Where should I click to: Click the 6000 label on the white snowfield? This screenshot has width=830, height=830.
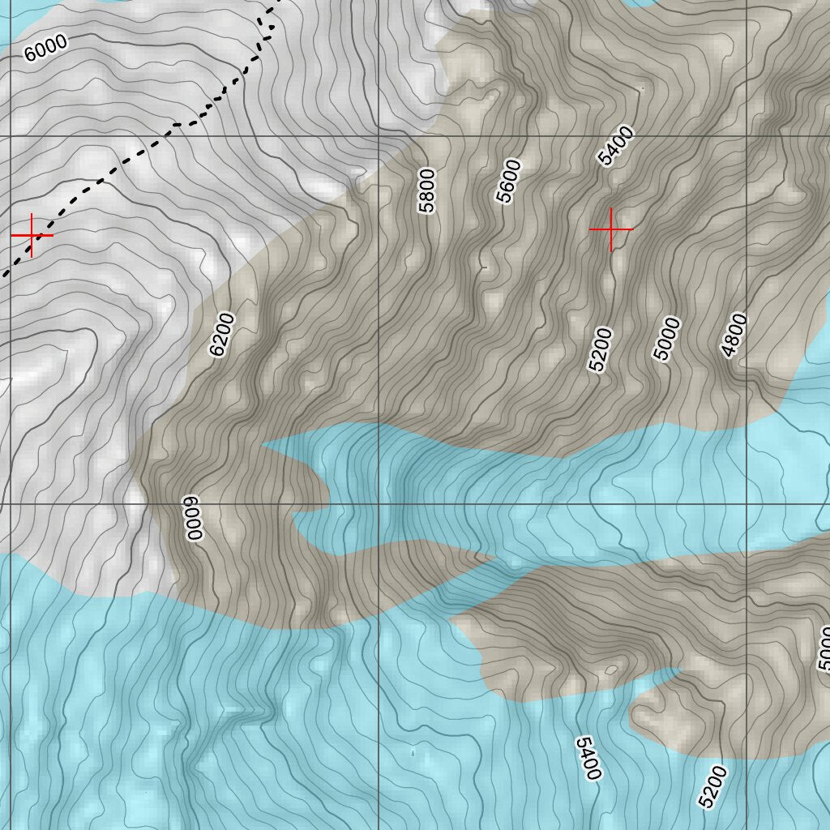pos(45,49)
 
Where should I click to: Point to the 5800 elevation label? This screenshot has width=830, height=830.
pos(426,190)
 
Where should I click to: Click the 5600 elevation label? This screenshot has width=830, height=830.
pos(508,181)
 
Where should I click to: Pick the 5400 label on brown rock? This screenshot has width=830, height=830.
pos(616,146)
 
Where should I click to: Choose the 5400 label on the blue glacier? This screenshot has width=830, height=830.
pos(588,758)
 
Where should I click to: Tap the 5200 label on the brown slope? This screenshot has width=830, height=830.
pos(601,349)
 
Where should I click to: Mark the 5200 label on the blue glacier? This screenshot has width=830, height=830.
pos(712,785)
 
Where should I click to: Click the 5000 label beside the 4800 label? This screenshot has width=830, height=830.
pos(667,339)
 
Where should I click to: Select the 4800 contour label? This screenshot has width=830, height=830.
pos(734,334)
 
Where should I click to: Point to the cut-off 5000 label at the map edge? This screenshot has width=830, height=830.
pos(824,648)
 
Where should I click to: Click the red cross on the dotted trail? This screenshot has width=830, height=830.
pos(32,235)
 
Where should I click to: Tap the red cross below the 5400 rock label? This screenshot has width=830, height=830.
pos(611,229)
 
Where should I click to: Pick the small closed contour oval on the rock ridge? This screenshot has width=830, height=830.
pos(610,670)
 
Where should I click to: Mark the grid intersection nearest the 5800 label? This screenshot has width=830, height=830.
pos(379,136)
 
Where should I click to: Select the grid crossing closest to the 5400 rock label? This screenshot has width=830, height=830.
pos(746,136)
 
